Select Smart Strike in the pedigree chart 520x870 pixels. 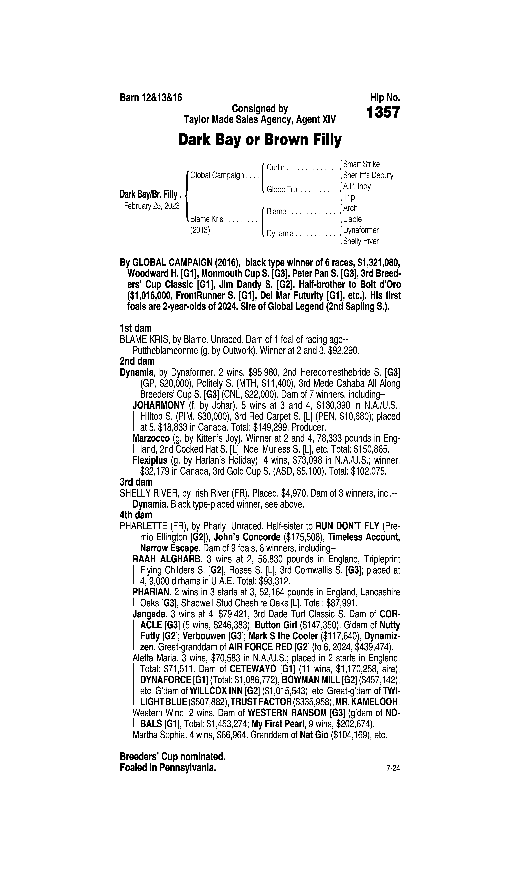(361, 164)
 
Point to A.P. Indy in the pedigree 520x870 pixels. (357, 186)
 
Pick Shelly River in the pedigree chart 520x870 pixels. (361, 241)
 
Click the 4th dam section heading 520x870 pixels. (136, 515)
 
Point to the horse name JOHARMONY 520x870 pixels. (158, 406)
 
